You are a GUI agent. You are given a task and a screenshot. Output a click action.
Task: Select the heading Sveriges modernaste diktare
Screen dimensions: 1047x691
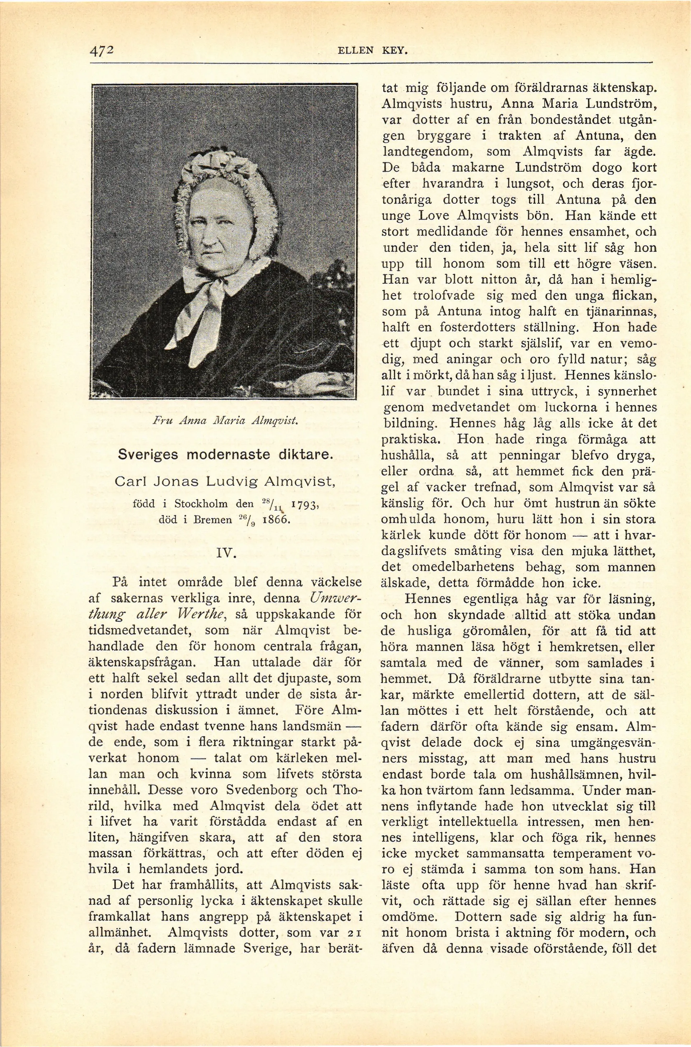(225, 454)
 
